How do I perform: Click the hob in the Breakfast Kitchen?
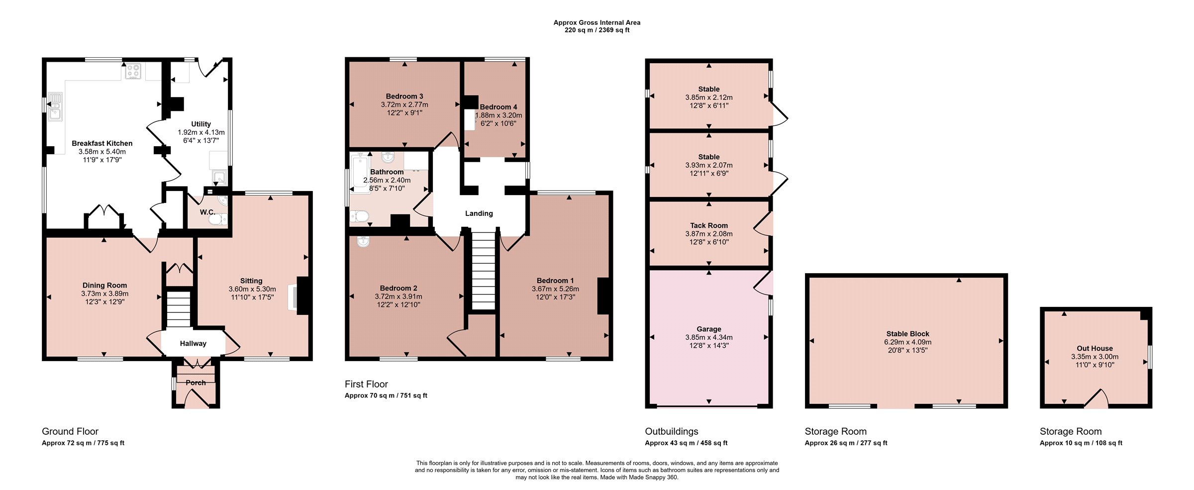point(133,71)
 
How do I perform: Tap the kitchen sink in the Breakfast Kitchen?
point(55,107)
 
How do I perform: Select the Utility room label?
point(201,124)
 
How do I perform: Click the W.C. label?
point(207,212)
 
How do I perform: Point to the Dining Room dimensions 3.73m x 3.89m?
point(105,294)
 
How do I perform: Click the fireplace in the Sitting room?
point(300,295)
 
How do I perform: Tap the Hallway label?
point(193,343)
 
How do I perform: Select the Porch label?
point(196,383)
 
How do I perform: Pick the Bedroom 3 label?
point(404,97)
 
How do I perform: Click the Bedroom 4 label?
point(498,107)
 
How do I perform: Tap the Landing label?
point(479,213)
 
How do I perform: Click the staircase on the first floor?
point(483,271)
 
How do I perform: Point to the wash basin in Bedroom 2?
point(363,241)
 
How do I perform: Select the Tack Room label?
point(709,225)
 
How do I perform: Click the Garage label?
point(709,329)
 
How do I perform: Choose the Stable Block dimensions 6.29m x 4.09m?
point(908,342)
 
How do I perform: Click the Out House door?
point(1096,398)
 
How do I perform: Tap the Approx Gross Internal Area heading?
point(597,22)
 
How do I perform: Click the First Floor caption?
point(366,384)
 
